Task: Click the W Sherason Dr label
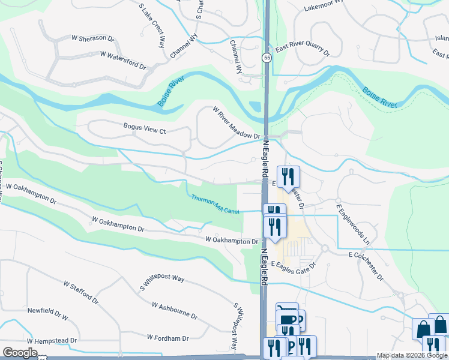click(93, 38)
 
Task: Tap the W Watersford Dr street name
click(123, 59)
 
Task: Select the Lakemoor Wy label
click(324, 6)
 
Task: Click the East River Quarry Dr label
click(303, 52)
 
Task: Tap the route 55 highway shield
click(266, 57)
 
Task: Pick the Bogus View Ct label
click(144, 127)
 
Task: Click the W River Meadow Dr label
click(235, 123)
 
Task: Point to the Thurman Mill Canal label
click(215, 204)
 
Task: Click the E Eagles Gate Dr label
click(294, 264)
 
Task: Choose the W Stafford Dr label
click(79, 289)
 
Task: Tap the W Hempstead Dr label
click(52, 341)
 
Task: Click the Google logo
click(20, 353)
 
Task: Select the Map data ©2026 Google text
click(411, 355)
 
